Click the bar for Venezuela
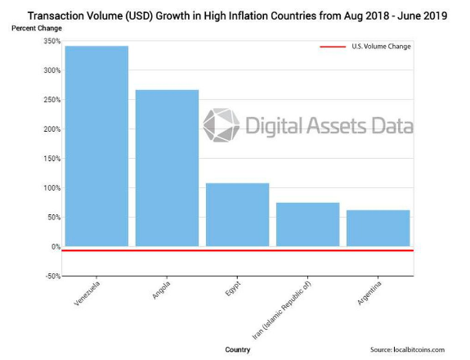tap(96, 146)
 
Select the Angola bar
tap(167, 168)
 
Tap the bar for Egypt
tap(237, 214)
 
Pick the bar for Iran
tap(307, 224)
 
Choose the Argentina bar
tap(378, 228)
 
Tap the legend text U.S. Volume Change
tap(381, 47)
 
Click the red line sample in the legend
tap(333, 47)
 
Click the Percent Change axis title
tap(36, 29)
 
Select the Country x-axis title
tap(237, 349)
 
